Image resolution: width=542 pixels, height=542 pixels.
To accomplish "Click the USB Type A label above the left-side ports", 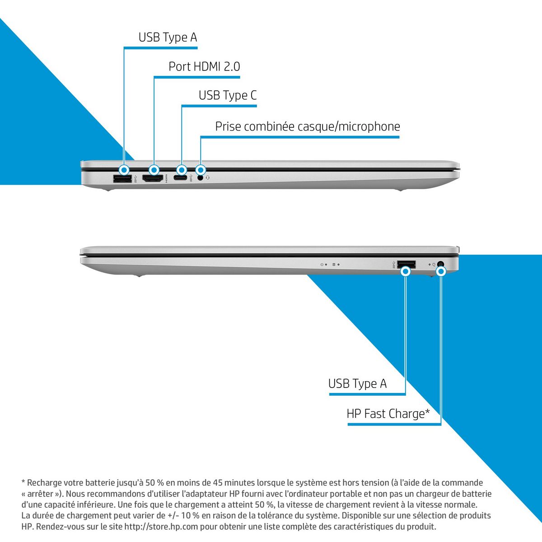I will pos(168,37).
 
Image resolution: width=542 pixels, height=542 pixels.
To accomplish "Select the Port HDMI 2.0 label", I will pos(204,67).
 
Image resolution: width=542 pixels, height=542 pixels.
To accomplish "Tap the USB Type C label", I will pos(228,96).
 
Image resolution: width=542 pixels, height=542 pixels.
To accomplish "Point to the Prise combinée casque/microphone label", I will pos(307,126).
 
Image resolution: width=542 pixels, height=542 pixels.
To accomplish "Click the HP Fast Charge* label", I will pos(388,414).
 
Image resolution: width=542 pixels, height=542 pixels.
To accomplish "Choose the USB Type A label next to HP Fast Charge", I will pos(357,384).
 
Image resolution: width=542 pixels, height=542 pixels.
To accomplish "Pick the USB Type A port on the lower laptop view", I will pos(406,264).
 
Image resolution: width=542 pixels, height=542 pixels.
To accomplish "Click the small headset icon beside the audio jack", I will pos(208,178).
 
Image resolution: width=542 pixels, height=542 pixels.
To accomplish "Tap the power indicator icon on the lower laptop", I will pos(322,264).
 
